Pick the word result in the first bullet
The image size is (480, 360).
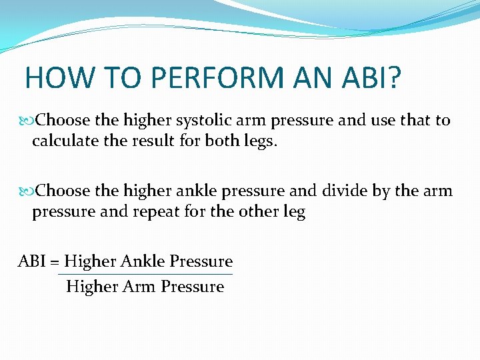148,143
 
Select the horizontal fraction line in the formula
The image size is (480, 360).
145,274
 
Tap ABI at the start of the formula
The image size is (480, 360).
31,261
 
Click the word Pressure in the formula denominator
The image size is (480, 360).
193,287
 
